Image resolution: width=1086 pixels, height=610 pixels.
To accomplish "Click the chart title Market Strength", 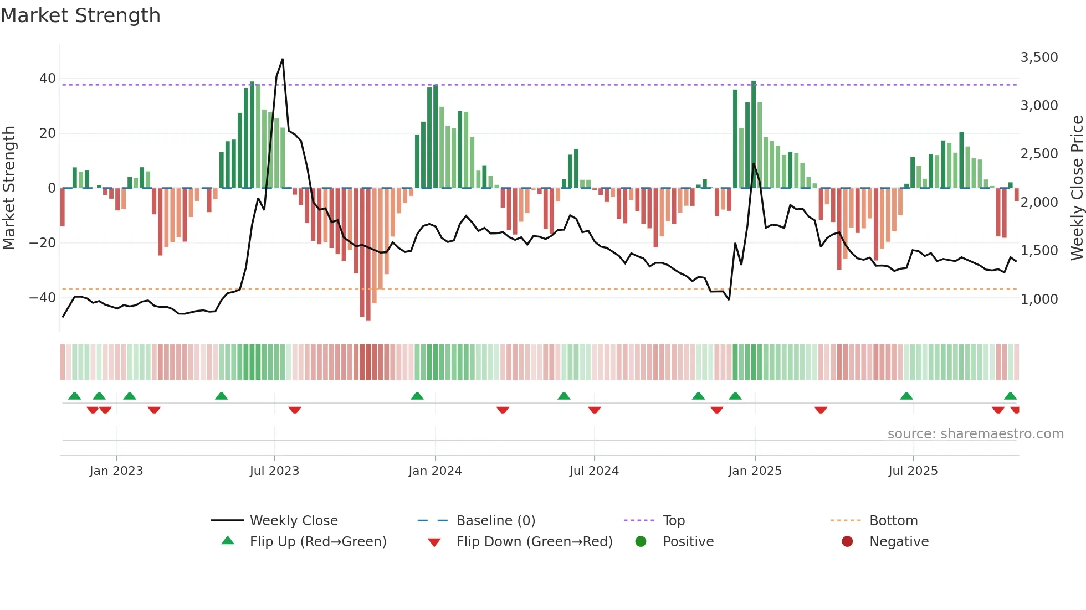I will point(80,15).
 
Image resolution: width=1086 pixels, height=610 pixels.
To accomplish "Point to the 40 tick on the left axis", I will point(48,79).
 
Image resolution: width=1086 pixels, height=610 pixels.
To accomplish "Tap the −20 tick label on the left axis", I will point(43,243).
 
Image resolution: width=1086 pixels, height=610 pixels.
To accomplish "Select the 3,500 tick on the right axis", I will point(1039,58).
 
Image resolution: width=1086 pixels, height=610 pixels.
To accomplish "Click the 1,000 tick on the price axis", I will point(1039,299).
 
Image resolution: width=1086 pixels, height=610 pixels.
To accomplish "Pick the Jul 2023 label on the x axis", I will point(274,471).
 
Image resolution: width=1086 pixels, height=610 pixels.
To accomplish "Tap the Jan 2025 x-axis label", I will point(755,471).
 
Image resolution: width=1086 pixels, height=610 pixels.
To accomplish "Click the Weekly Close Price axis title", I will point(1077,188).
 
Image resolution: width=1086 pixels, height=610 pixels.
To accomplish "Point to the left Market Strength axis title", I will point(9,188).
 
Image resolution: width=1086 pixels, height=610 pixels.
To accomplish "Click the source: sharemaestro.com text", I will point(975,434).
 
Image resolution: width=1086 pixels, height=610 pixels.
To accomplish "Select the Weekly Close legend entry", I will point(293,521).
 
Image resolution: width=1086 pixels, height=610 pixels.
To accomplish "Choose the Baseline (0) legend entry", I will point(495,521).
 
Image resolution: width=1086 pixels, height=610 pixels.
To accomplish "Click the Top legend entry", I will point(673,521).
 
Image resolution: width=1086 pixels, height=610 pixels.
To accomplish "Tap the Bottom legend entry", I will point(893,521).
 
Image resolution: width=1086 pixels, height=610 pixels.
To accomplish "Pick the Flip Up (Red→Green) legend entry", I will point(317,542).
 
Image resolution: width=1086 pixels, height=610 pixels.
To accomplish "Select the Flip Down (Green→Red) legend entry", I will point(534,542).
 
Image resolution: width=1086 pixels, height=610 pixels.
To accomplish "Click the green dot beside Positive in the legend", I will point(641,542).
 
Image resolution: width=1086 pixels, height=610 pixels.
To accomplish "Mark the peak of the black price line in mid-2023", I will point(283,60).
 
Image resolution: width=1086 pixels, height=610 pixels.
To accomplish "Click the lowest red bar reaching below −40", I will point(368,255).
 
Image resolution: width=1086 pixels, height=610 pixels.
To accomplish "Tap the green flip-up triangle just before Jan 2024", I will point(417,396).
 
